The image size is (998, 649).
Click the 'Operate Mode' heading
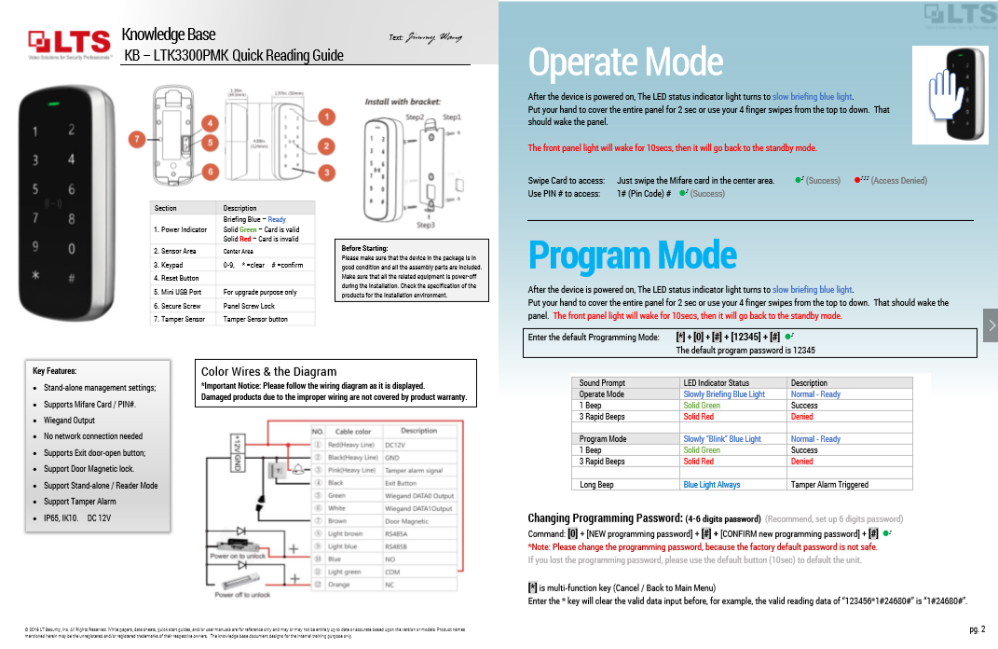(625, 62)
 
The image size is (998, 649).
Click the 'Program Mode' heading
(632, 255)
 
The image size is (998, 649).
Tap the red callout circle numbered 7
(137, 139)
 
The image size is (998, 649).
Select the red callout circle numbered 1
(326, 117)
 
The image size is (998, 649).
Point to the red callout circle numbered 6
(211, 172)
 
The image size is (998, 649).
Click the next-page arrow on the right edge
(991, 324)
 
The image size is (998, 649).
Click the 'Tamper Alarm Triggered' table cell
(829, 485)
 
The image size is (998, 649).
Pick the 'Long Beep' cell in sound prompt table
(596, 485)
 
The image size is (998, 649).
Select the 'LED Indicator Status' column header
(716, 382)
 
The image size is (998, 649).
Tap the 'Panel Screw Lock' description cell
(249, 306)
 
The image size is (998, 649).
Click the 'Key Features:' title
(54, 371)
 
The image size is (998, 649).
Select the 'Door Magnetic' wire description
(407, 521)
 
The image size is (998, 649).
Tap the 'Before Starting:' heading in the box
(364, 248)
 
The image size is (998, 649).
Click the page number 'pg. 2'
(977, 629)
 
